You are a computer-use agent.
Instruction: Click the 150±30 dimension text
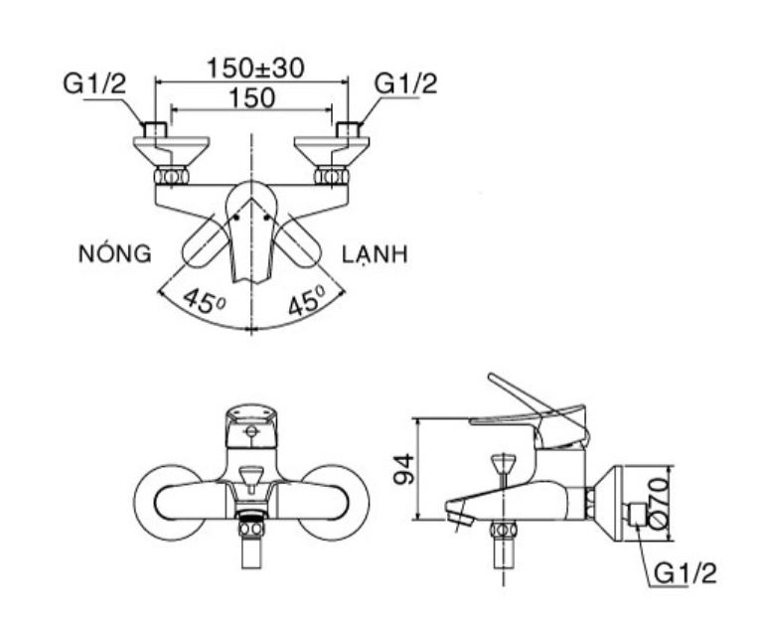coord(255,68)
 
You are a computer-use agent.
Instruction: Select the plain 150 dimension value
coord(251,97)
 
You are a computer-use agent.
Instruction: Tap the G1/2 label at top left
coord(94,83)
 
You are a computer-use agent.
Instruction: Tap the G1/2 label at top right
coord(405,83)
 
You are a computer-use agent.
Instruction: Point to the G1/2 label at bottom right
coord(685,573)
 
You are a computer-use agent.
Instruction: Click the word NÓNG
coord(115,253)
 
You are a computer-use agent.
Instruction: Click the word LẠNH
coord(375,254)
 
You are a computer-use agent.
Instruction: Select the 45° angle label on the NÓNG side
coord(204,302)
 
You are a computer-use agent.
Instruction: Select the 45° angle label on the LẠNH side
coord(307,299)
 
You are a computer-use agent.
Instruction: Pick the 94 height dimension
coord(404,469)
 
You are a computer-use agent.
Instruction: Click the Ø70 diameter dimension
coord(659,503)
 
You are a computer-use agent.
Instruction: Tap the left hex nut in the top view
coord(171,176)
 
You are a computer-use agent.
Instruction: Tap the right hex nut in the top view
coord(331,176)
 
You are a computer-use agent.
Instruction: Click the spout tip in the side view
coord(459,515)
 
